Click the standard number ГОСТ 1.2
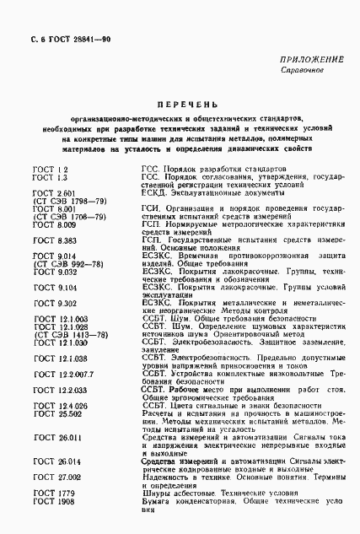(x=50, y=170)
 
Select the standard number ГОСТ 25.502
(x=57, y=413)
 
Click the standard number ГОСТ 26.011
(x=56, y=437)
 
